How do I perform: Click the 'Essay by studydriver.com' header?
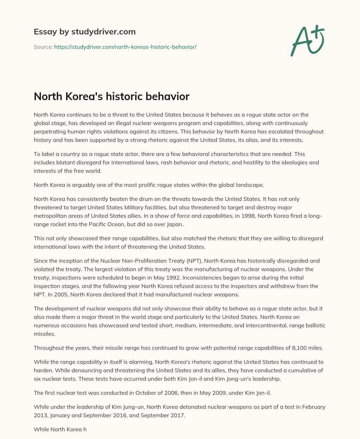84,32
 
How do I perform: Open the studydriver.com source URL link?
125,47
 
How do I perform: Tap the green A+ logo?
307,40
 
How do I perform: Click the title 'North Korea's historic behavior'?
111,96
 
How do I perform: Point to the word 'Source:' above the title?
43,47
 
